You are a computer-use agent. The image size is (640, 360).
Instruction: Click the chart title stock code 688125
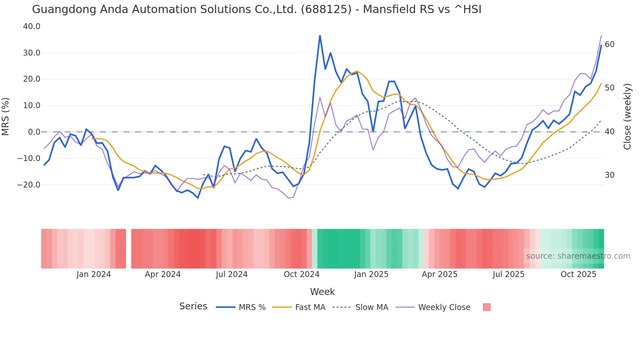pyautogui.click(x=326, y=9)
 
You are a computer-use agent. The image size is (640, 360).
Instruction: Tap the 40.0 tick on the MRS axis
pyautogui.click(x=32, y=26)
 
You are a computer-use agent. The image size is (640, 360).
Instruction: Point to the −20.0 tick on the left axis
pyautogui.click(x=29, y=185)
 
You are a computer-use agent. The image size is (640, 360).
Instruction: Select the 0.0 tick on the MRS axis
pyautogui.click(x=34, y=132)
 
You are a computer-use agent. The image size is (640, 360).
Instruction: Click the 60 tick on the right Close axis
pyautogui.click(x=609, y=44)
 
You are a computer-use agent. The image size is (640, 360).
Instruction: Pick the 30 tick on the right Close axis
pyautogui.click(x=609, y=175)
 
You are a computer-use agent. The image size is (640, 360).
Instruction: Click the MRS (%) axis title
pyautogui.click(x=6, y=117)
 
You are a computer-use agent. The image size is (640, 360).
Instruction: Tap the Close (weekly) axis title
pyautogui.click(x=627, y=117)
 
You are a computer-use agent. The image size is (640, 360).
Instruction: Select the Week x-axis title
pyautogui.click(x=322, y=292)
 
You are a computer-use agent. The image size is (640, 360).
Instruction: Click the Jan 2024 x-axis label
pyautogui.click(x=94, y=274)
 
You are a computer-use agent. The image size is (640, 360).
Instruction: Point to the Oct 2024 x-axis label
pyautogui.click(x=301, y=274)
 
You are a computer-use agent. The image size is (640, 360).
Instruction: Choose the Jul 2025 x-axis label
pyautogui.click(x=508, y=274)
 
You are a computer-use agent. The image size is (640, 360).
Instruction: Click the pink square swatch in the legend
pyautogui.click(x=487, y=307)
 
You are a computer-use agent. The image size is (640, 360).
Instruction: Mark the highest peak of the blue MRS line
pyautogui.click(x=320, y=36)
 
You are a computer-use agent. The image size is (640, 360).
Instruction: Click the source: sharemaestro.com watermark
pyautogui.click(x=578, y=256)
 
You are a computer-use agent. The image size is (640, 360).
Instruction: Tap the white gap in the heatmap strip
pyautogui.click(x=129, y=249)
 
